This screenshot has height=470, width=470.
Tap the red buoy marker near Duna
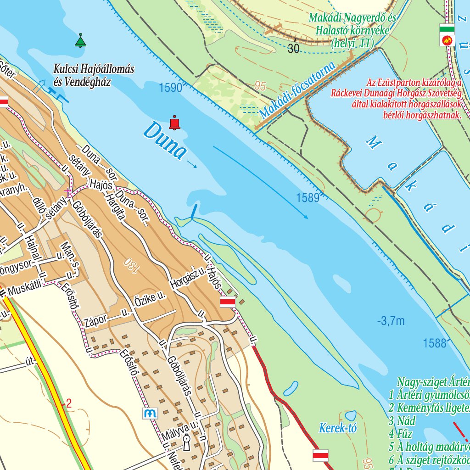click(x=174, y=123)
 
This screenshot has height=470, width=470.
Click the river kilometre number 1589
click(x=308, y=198)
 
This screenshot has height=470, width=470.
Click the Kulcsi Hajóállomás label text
click(x=94, y=69)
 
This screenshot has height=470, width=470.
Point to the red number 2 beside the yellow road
click(x=69, y=404)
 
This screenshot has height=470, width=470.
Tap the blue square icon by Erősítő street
click(x=150, y=413)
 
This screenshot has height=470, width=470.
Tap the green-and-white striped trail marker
click(x=447, y=29)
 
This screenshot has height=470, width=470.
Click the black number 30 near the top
click(x=294, y=49)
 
